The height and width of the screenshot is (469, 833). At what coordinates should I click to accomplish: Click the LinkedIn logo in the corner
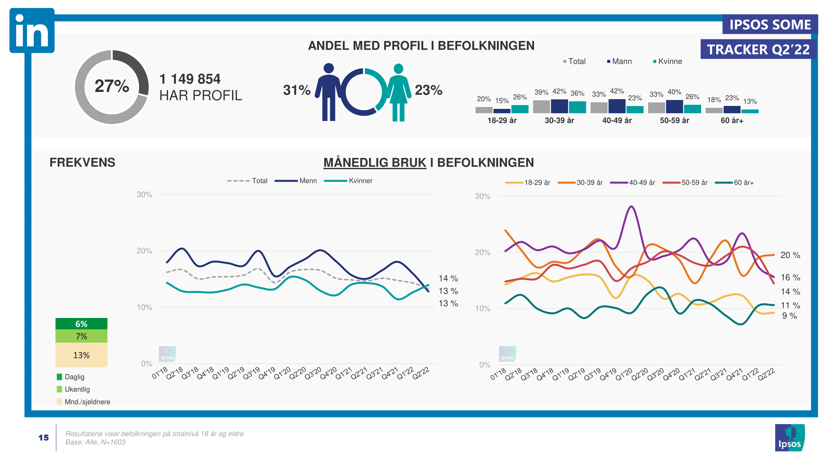click(32, 30)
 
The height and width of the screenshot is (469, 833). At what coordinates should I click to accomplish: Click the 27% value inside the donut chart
click(112, 86)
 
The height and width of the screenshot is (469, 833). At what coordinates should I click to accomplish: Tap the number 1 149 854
click(190, 79)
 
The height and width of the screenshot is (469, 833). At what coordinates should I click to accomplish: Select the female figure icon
click(399, 93)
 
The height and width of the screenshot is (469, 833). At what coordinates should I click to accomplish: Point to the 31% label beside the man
click(296, 90)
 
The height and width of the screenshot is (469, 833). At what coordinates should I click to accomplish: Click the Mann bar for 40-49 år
click(617, 106)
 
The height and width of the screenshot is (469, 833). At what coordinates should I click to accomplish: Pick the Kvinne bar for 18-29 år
click(520, 109)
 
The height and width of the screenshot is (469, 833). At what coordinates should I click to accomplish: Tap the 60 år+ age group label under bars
click(732, 121)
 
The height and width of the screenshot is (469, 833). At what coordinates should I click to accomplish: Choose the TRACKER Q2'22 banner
click(758, 49)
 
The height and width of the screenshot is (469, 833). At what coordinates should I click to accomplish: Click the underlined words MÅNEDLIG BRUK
click(375, 163)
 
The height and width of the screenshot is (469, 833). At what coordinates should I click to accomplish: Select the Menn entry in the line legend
click(296, 181)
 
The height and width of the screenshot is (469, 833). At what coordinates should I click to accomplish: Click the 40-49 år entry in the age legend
click(632, 183)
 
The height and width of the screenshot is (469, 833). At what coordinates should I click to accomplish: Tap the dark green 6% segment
click(81, 324)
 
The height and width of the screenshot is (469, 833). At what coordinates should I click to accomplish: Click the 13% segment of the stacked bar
click(81, 355)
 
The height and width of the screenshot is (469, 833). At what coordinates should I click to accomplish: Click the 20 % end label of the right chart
click(790, 255)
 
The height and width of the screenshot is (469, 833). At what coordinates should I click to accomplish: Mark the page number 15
click(44, 438)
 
